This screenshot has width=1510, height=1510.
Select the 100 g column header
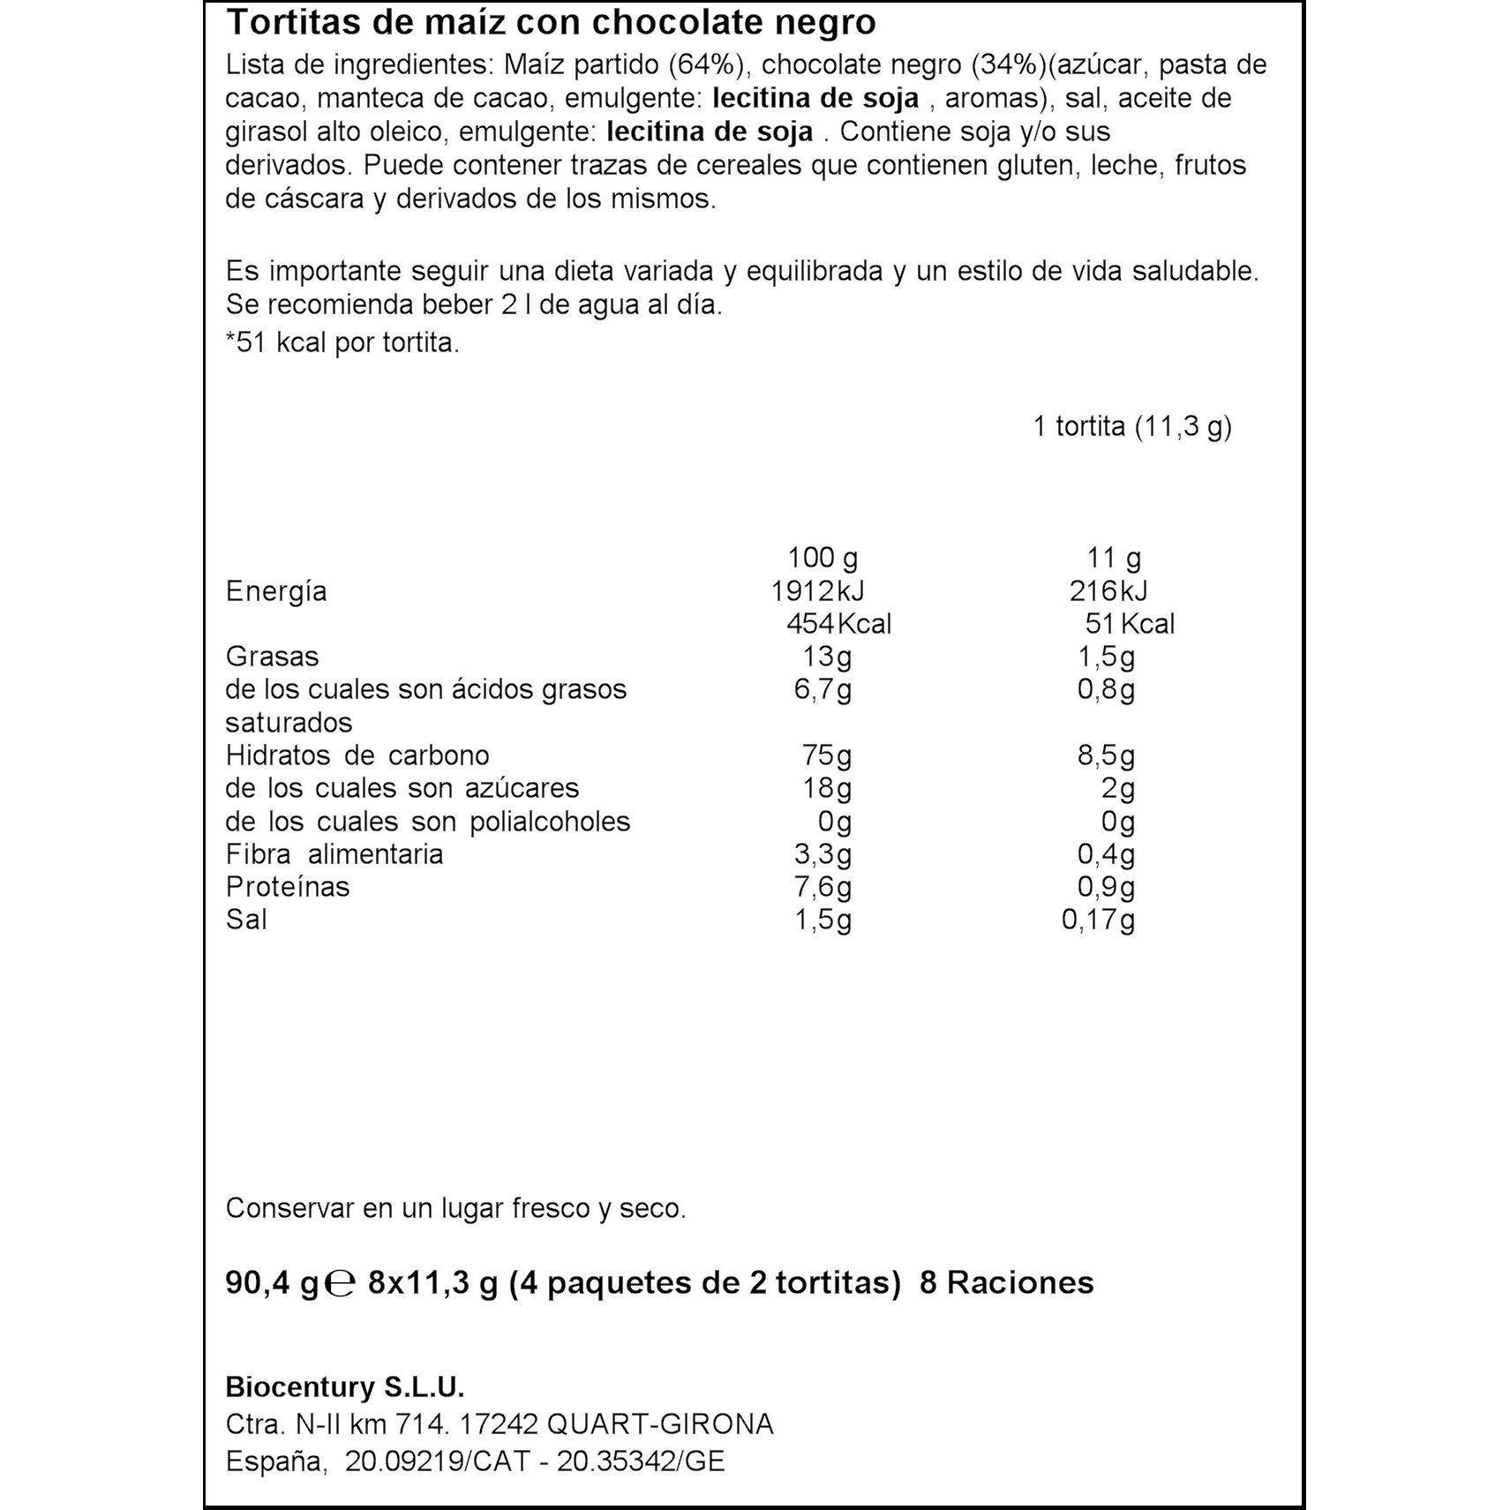[x=822, y=558]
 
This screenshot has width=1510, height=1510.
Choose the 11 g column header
[x=1114, y=558]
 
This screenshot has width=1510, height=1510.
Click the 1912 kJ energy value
[x=817, y=591]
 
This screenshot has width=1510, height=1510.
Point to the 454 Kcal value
[x=838, y=624]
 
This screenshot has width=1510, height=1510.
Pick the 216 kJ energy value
[x=1108, y=591]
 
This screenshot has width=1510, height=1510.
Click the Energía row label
[x=276, y=591]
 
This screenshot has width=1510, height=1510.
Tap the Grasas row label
[x=272, y=657]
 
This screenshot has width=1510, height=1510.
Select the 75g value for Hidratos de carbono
[x=826, y=755]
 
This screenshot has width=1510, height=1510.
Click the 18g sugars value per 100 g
[x=826, y=788]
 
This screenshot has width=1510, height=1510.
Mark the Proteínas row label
[x=288, y=887]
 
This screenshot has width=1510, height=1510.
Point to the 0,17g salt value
[x=1098, y=920]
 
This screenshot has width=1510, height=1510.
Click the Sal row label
[x=246, y=920]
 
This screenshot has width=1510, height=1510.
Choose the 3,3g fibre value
[x=823, y=854]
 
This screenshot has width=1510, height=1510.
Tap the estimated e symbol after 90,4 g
[x=340, y=1283]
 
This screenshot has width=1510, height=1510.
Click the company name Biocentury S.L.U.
[x=345, y=1387]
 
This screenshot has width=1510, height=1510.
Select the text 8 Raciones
[x=1006, y=1282]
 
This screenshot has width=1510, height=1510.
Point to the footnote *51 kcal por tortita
[x=342, y=342]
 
